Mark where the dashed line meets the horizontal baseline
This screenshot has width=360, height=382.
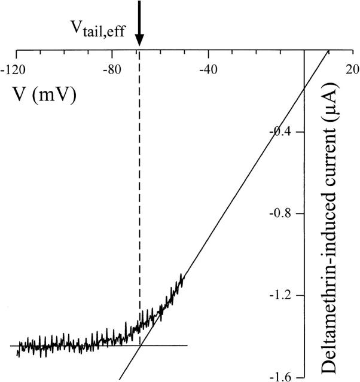[140, 346]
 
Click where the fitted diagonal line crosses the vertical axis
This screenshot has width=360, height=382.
[304, 90]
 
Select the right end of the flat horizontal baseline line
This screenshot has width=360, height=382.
[187, 346]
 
